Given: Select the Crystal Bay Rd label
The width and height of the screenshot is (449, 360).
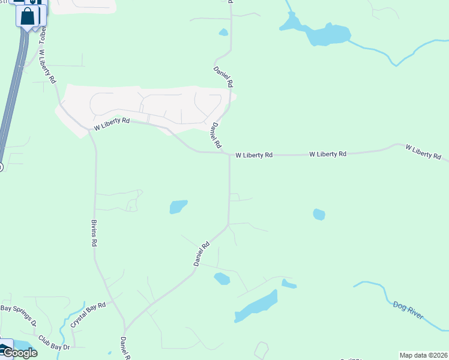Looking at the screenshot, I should coord(88,314).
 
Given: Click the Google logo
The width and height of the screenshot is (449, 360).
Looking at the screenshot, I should coord(19,352).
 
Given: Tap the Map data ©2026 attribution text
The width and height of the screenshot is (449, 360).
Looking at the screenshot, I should coord(424,355).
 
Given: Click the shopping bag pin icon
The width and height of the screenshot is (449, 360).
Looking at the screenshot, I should coord(28,16).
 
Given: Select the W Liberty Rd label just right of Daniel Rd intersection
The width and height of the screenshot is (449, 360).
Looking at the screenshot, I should coord(254,155).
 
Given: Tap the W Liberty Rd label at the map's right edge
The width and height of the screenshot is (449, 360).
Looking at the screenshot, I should coord(424,151).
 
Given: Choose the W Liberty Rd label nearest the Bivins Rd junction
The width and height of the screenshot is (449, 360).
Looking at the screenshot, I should coord(112,124).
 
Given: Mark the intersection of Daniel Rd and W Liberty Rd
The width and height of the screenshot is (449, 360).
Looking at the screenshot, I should coord(229,154).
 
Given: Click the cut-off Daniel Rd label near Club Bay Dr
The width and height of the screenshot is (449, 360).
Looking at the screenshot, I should coord(124,349).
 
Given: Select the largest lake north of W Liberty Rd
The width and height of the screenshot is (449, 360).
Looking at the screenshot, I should coord(327,34).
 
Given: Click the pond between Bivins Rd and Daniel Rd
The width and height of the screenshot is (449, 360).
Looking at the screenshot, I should coord(178,206).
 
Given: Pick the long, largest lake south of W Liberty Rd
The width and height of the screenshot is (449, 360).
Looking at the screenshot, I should coord(256,307).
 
